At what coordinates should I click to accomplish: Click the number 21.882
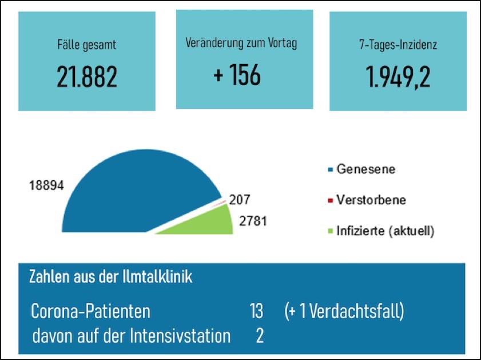point(87,77)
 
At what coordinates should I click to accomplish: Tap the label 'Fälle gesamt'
point(87,44)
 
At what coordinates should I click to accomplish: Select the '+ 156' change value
point(237,74)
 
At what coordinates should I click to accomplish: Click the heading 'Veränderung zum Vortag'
point(241,43)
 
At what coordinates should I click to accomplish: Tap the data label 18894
point(45,185)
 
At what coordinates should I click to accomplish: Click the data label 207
point(240,200)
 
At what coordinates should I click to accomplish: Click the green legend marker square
point(329,232)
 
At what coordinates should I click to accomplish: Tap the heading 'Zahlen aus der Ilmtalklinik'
point(110,278)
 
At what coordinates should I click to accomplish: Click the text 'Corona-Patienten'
point(90,312)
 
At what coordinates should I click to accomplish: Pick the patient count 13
point(256,312)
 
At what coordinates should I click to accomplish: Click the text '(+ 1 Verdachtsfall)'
point(344,312)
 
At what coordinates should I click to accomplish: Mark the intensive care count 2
point(260,336)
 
